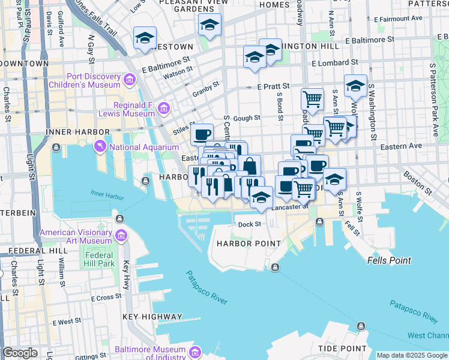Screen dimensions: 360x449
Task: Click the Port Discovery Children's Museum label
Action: (85, 80)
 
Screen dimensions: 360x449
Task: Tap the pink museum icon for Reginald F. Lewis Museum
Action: (164, 109)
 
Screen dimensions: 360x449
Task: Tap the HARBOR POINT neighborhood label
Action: (249, 244)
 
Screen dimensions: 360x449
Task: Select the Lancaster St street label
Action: (289, 206)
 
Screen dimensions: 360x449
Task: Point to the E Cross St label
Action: (106, 298)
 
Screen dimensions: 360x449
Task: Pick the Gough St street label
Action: (247, 119)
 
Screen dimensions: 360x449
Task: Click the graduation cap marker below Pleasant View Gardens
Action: (209, 25)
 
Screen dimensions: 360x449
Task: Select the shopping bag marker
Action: (249, 165)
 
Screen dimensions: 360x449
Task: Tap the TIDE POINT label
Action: (342, 349)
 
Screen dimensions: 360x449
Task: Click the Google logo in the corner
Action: (19, 353)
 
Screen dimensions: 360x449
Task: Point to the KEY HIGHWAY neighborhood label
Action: (152, 316)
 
